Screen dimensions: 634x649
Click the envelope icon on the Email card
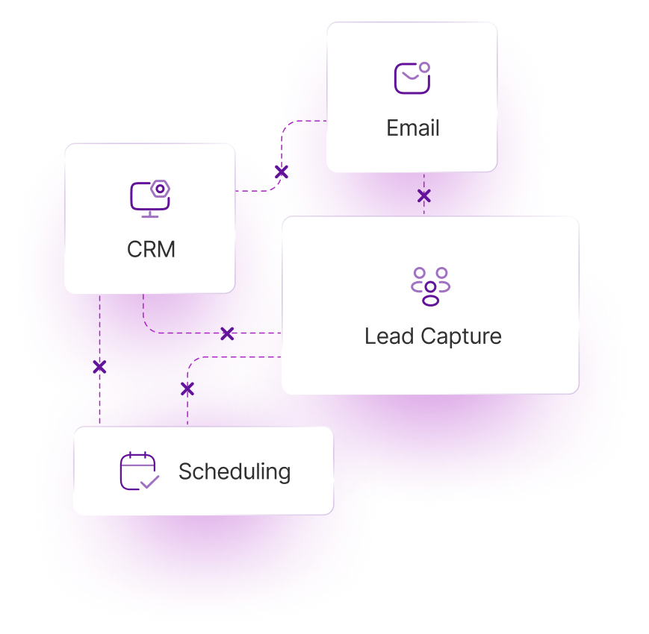point(412,78)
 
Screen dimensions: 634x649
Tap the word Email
point(412,128)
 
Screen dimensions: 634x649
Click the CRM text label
point(151,249)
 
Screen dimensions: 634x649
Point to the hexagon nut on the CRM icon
point(159,189)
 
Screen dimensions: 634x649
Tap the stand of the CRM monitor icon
point(149,214)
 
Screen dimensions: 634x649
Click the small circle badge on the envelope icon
point(424,68)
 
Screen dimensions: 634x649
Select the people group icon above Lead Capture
point(430,286)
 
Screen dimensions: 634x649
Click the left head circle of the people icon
point(419,273)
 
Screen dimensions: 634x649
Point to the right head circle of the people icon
point(442,273)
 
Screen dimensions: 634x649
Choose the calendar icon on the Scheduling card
point(139,471)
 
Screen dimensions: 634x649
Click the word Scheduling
point(235,471)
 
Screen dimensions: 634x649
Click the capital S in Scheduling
point(186,471)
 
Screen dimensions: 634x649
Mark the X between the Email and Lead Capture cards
point(423,196)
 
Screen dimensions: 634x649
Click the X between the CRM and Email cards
point(282,172)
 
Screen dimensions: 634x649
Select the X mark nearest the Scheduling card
point(187,389)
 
